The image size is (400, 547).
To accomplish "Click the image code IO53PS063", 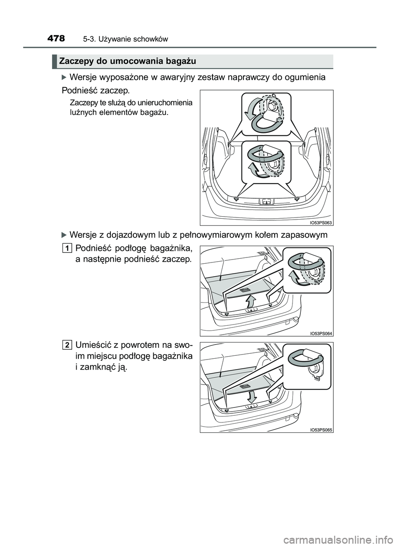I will (321, 222).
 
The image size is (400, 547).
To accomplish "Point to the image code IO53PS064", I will (321, 333).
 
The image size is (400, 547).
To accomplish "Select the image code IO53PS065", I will (321, 430).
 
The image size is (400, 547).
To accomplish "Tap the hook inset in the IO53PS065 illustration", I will (307, 365).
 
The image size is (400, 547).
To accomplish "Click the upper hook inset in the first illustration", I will (267, 114).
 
